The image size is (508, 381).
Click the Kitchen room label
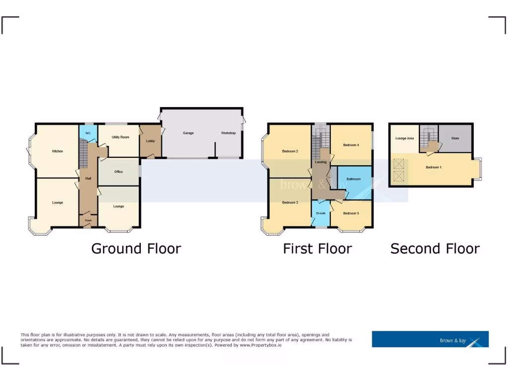point(58,151)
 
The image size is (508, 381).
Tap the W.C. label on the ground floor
point(88,133)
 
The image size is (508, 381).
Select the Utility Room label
point(120,137)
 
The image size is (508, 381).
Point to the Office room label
point(119,172)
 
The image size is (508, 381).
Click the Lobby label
point(150,141)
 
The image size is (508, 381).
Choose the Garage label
point(188,133)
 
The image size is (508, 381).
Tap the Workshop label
point(228,133)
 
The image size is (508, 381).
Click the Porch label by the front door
point(88,220)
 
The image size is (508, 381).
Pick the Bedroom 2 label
point(290,151)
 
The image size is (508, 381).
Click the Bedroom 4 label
point(351,145)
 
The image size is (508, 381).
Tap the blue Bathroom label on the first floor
point(353,179)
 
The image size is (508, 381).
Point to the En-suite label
point(320,213)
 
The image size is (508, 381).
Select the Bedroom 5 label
point(351,213)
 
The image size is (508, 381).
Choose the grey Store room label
point(455,138)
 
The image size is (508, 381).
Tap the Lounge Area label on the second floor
point(404,138)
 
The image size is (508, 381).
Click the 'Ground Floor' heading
point(136,249)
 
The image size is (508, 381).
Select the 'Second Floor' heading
point(435,249)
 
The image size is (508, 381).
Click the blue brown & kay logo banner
point(430,339)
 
